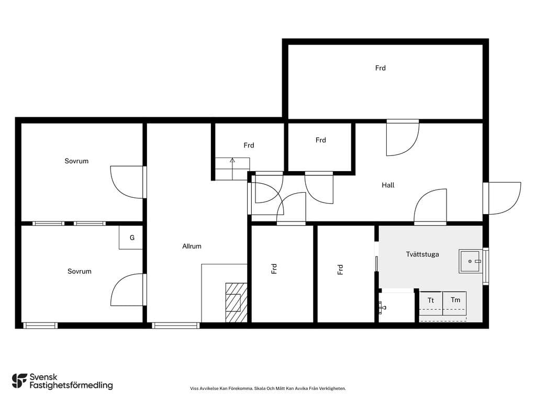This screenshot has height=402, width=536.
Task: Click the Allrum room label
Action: [192, 246]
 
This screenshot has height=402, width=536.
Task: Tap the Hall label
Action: [388, 185]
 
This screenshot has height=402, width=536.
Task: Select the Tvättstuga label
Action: [422, 254]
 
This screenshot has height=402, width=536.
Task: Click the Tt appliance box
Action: [431, 303]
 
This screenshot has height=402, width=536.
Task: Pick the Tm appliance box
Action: [455, 303]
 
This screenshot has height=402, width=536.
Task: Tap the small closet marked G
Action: [131, 238]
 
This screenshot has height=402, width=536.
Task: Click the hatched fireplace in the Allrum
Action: [236, 303]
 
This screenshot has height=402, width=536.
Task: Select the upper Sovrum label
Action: [76, 161]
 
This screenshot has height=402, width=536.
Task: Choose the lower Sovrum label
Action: [80, 272]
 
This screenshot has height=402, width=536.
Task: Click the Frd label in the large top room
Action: [380, 68]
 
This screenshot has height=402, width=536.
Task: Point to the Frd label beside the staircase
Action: [249, 146]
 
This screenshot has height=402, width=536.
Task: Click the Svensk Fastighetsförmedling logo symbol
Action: [19, 381]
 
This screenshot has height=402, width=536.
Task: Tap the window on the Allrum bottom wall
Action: [176, 326]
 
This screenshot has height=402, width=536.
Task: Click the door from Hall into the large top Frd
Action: [403, 138]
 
